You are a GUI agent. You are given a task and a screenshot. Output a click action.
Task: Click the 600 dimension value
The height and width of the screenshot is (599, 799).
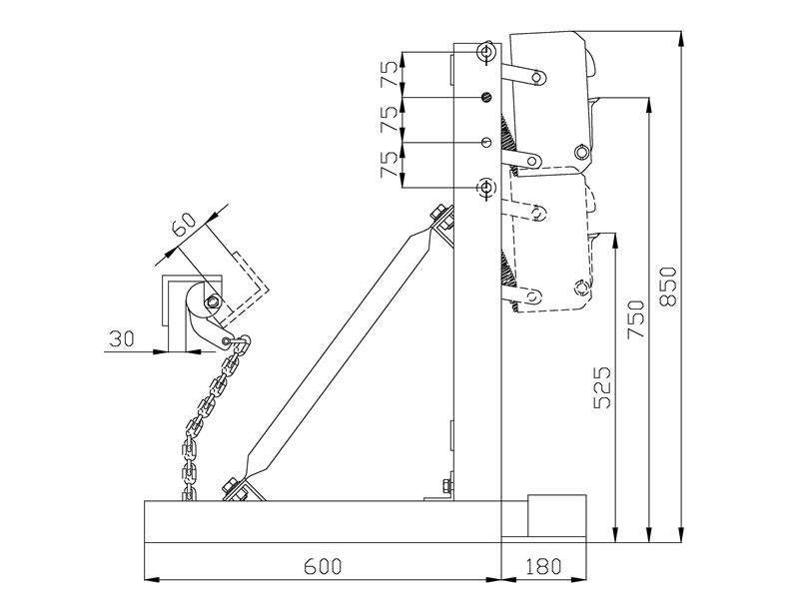(322, 567)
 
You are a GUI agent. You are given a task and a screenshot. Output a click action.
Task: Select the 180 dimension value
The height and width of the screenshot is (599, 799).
(540, 567)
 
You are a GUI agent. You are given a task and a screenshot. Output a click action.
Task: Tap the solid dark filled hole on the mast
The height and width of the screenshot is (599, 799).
(487, 97)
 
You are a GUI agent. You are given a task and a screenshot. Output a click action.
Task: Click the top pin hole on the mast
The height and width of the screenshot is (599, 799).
(486, 51)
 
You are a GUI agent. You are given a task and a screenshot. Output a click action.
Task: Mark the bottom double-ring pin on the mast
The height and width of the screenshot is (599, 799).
(486, 187)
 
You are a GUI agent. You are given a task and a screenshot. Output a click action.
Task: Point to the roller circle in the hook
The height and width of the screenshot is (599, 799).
(212, 302)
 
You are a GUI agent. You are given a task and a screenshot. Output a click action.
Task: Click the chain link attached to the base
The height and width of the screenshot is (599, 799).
(188, 490)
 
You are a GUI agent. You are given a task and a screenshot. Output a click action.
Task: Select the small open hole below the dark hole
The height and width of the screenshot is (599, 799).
(486, 143)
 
